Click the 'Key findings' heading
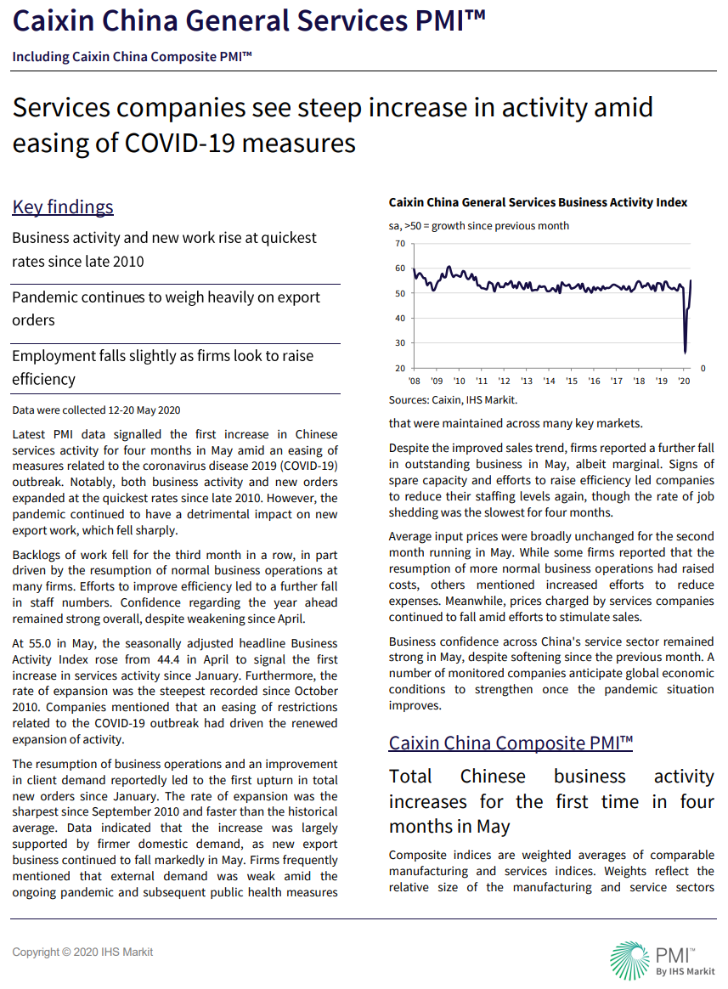[63, 207]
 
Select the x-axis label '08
[414, 381]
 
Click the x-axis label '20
[685, 381]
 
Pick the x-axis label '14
[549, 381]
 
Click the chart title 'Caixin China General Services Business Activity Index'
[538, 203]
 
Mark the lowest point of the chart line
[685, 353]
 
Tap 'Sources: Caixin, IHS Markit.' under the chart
[453, 399]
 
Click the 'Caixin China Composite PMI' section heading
[511, 743]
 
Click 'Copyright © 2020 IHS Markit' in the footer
[82, 952]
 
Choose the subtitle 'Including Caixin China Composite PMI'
[132, 56]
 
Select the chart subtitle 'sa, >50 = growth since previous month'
[479, 226]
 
